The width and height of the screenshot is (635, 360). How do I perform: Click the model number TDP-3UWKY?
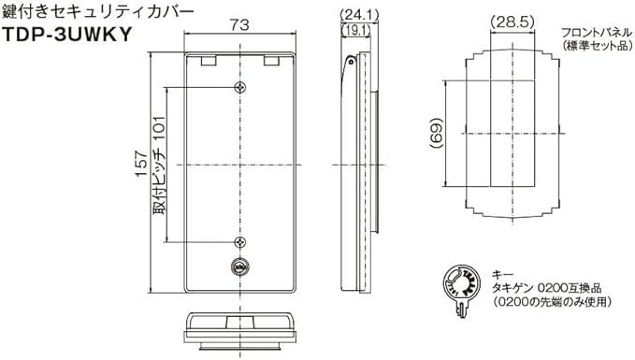[65, 35]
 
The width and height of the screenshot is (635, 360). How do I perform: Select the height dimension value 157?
[140, 166]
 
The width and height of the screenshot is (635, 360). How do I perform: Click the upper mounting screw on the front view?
[241, 87]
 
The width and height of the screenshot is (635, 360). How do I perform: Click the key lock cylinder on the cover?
[240, 268]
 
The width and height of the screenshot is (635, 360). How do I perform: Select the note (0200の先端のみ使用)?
[552, 303]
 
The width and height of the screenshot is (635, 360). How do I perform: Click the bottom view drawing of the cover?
[241, 329]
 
